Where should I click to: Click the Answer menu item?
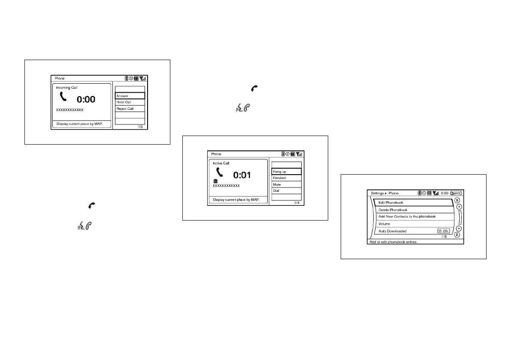click(130, 96)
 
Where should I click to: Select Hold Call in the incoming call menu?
click(130, 102)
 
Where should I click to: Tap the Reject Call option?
click(130, 109)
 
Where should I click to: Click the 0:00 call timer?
click(86, 100)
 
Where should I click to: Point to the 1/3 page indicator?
click(140, 127)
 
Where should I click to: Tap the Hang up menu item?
click(286, 172)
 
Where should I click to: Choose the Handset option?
click(286, 178)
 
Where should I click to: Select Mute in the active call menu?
click(286, 184)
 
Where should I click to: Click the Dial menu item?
click(286, 191)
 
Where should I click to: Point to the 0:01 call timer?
click(242, 175)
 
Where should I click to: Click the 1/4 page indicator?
click(296, 203)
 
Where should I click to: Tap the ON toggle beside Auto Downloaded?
click(444, 231)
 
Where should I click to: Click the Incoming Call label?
click(67, 88)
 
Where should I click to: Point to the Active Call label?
click(221, 163)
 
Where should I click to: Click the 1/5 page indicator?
click(444, 236)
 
